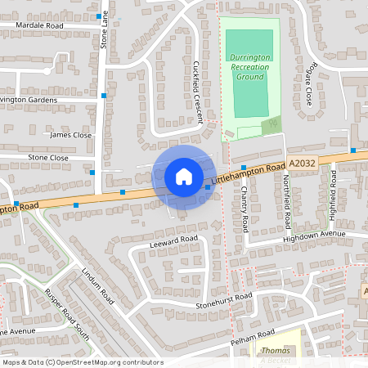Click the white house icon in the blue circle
coord(184,176)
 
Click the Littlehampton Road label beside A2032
coord(247,171)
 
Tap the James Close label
coord(70,135)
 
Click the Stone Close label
coord(48,157)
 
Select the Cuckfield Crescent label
coord(197,91)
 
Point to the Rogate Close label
coord(308,87)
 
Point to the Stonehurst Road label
coord(222,302)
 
